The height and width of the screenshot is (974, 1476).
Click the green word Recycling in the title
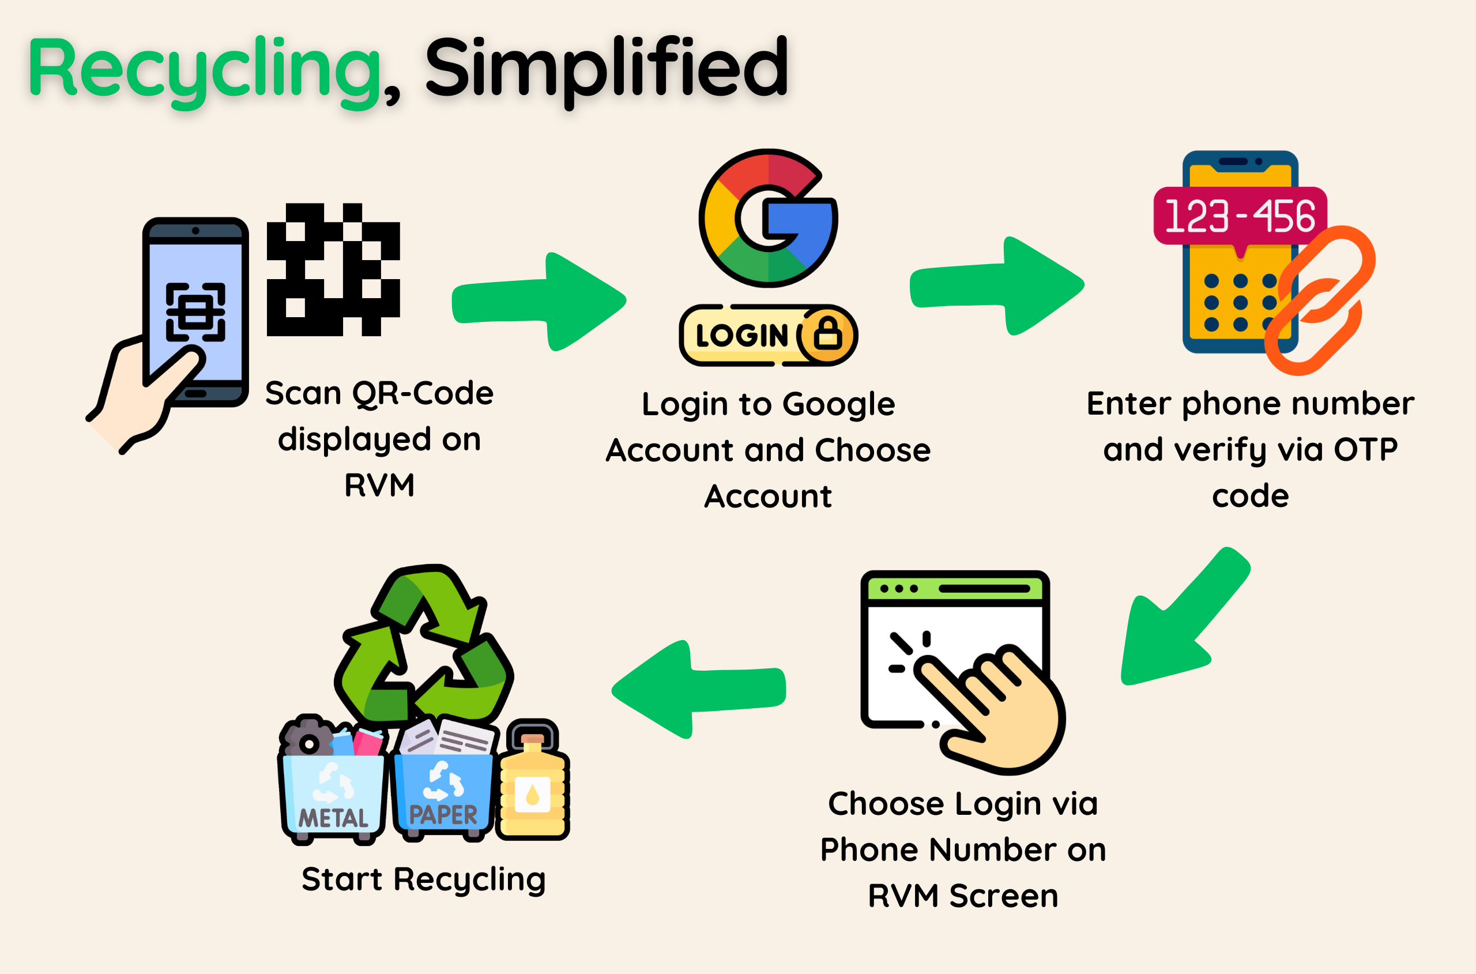[x=205, y=68]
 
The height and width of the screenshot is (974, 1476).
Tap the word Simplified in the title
[x=605, y=68]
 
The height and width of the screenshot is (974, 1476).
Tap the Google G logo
[x=768, y=218]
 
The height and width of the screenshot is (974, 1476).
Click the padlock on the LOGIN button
[x=828, y=334]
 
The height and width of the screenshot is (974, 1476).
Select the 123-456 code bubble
[x=1240, y=216]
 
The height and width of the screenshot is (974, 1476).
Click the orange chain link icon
[x=1320, y=300]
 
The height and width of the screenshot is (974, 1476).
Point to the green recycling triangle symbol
[x=425, y=646]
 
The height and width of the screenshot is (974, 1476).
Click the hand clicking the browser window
[x=1000, y=708]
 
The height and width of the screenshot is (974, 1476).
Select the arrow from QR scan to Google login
[x=539, y=301]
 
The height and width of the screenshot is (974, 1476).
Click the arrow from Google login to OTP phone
[x=997, y=285]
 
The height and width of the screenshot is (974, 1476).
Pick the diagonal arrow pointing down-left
[x=1180, y=621]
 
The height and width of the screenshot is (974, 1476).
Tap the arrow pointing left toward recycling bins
[x=699, y=690]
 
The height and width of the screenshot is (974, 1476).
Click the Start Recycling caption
[x=424, y=879]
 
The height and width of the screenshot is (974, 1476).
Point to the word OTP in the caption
[x=1365, y=449]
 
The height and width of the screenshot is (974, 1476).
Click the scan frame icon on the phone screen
[x=195, y=312]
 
